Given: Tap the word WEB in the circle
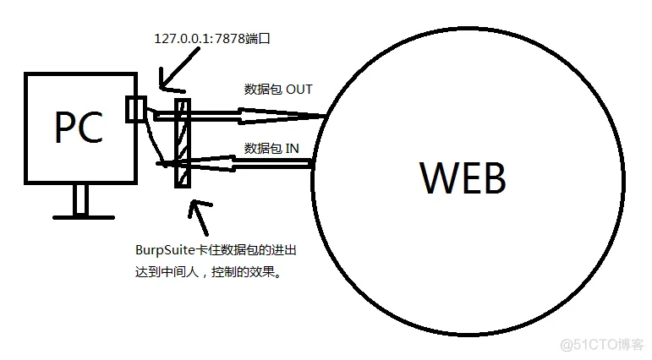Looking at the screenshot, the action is pos(463,178).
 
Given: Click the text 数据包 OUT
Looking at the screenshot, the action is pos(278,89).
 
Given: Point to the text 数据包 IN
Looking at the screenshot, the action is pos(271,148).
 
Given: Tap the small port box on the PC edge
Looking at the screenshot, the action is pos(135,110).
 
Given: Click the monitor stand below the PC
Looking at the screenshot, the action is pos(80,200).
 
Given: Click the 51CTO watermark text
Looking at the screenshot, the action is pos(601,345).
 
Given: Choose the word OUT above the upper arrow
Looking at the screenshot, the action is pos(299,89).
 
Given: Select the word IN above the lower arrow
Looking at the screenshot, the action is pos(292,148).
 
